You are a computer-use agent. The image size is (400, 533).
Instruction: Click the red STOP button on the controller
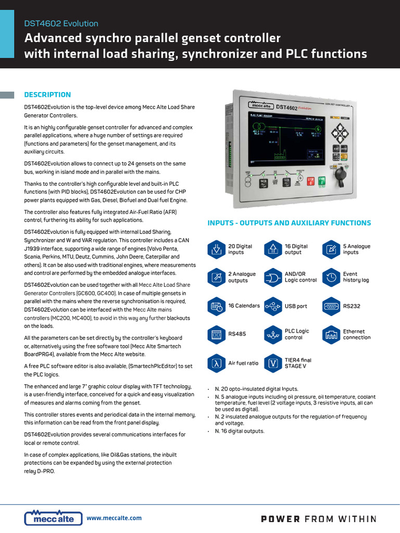(311, 182)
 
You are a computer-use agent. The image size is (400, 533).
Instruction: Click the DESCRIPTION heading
(47, 95)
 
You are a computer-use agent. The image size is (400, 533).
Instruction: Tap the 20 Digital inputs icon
(216, 249)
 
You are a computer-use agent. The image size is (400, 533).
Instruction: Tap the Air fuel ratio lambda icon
(216, 363)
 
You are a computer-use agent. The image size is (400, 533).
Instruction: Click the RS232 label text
(352, 306)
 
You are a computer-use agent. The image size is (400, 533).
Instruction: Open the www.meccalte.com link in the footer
(114, 518)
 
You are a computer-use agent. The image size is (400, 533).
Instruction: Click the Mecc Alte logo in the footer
(53, 517)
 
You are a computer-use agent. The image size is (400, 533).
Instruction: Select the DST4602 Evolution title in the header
(61, 23)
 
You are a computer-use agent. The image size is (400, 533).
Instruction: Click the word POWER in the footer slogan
(280, 518)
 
